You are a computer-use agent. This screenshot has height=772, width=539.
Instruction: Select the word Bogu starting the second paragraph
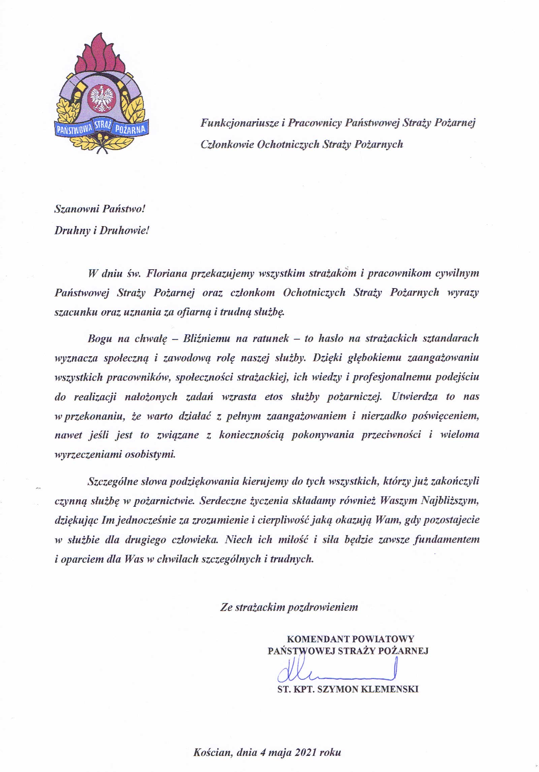pyautogui.click(x=100, y=338)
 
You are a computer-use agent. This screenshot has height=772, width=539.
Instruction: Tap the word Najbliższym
pyautogui.click(x=450, y=501)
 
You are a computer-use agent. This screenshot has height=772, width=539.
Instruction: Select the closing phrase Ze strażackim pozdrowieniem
pyautogui.click(x=289, y=607)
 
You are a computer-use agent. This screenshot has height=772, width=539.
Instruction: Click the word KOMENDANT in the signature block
pyautogui.click(x=317, y=639)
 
